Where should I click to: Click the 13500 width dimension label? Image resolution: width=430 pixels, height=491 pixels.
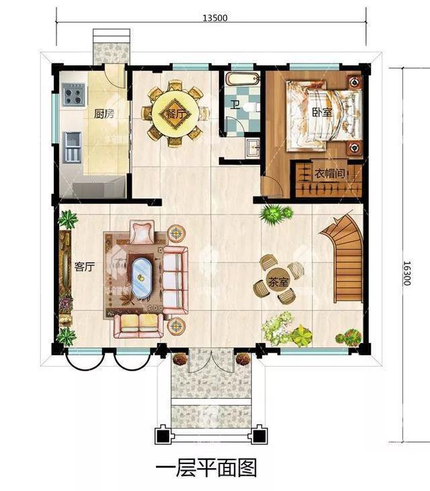tap(215, 18)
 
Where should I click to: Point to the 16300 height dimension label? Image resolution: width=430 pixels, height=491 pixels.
tap(406, 273)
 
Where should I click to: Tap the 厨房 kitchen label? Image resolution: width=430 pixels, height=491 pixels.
tap(104, 114)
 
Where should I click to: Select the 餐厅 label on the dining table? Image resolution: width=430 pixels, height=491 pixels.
tap(175, 114)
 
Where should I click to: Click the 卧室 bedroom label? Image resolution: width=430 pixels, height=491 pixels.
tap(322, 112)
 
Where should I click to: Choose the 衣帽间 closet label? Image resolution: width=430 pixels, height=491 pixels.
tap(329, 173)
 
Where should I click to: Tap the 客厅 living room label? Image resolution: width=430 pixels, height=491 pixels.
tap(84, 267)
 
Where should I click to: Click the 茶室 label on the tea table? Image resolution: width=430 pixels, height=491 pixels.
tap(277, 282)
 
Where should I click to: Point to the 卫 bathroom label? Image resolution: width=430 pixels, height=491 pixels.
tap(235, 104)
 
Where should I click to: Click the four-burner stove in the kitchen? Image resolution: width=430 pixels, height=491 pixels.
tap(74, 95)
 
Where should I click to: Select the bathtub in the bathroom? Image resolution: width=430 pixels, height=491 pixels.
tap(243, 79)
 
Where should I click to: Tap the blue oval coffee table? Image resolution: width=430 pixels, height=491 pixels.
tap(140, 277)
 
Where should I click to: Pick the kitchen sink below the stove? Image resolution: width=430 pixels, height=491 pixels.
tap(73, 147)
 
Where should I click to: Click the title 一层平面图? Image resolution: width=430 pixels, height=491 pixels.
tap(206, 468)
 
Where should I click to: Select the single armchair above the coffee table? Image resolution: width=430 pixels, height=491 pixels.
tap(142, 232)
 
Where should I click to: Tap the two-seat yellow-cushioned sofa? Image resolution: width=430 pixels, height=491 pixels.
tap(138, 326)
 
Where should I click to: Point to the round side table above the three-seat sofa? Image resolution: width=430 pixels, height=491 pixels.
tap(177, 233)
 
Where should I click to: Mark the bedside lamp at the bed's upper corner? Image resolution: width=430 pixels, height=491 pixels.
tap(354, 82)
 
